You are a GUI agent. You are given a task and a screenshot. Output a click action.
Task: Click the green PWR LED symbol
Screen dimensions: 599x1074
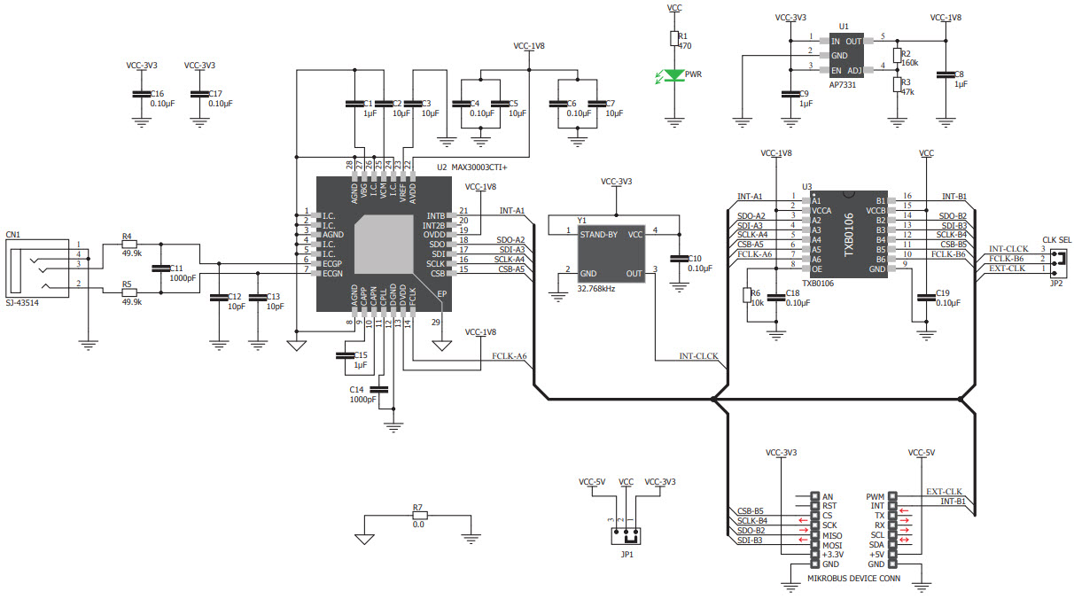pyautogui.click(x=674, y=75)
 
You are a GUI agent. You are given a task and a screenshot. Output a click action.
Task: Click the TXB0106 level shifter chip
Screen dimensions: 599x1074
pyautogui.click(x=849, y=233)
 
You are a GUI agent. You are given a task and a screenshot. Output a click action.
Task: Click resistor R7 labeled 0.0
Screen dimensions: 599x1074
pyautogui.click(x=418, y=515)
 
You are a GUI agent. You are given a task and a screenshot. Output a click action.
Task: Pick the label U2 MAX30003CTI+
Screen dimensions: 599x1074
pyautogui.click(x=479, y=167)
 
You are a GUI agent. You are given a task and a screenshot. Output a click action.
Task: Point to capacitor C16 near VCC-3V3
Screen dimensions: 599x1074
pyautogui.click(x=139, y=94)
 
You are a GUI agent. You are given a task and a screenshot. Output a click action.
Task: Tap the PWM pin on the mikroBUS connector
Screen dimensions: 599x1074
pyautogui.click(x=875, y=496)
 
